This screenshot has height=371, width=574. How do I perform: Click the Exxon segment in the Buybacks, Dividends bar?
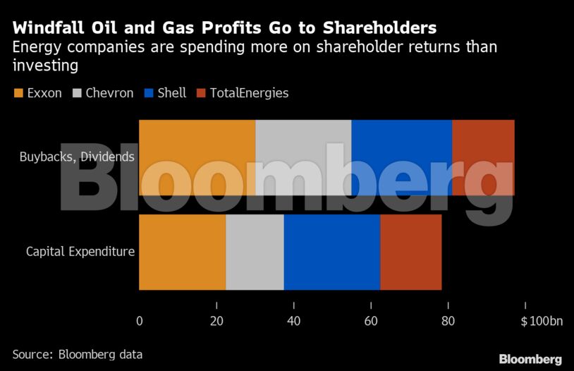197,157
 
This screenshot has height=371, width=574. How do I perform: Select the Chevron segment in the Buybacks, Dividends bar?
303,157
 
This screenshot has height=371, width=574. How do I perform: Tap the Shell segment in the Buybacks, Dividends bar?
401,157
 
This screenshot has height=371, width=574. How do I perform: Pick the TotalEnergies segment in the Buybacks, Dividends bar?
483,157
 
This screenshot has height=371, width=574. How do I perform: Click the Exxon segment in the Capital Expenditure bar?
182,252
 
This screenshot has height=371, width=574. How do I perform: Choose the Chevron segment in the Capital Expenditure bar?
255,252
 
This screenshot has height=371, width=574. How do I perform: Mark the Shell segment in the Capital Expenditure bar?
332,252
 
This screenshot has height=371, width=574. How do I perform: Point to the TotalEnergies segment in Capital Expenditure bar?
411,252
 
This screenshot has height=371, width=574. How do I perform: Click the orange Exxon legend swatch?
18,93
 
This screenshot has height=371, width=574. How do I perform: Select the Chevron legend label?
110,93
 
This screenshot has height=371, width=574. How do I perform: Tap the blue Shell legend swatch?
149,93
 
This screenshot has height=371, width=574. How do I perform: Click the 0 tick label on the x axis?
139,321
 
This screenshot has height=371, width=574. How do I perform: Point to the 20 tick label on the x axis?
216,321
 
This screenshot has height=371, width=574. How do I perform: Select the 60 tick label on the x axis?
371,321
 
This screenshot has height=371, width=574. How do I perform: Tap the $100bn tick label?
542,321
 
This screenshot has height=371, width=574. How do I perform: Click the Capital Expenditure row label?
80,252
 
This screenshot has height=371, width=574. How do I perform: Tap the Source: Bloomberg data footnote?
78,354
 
